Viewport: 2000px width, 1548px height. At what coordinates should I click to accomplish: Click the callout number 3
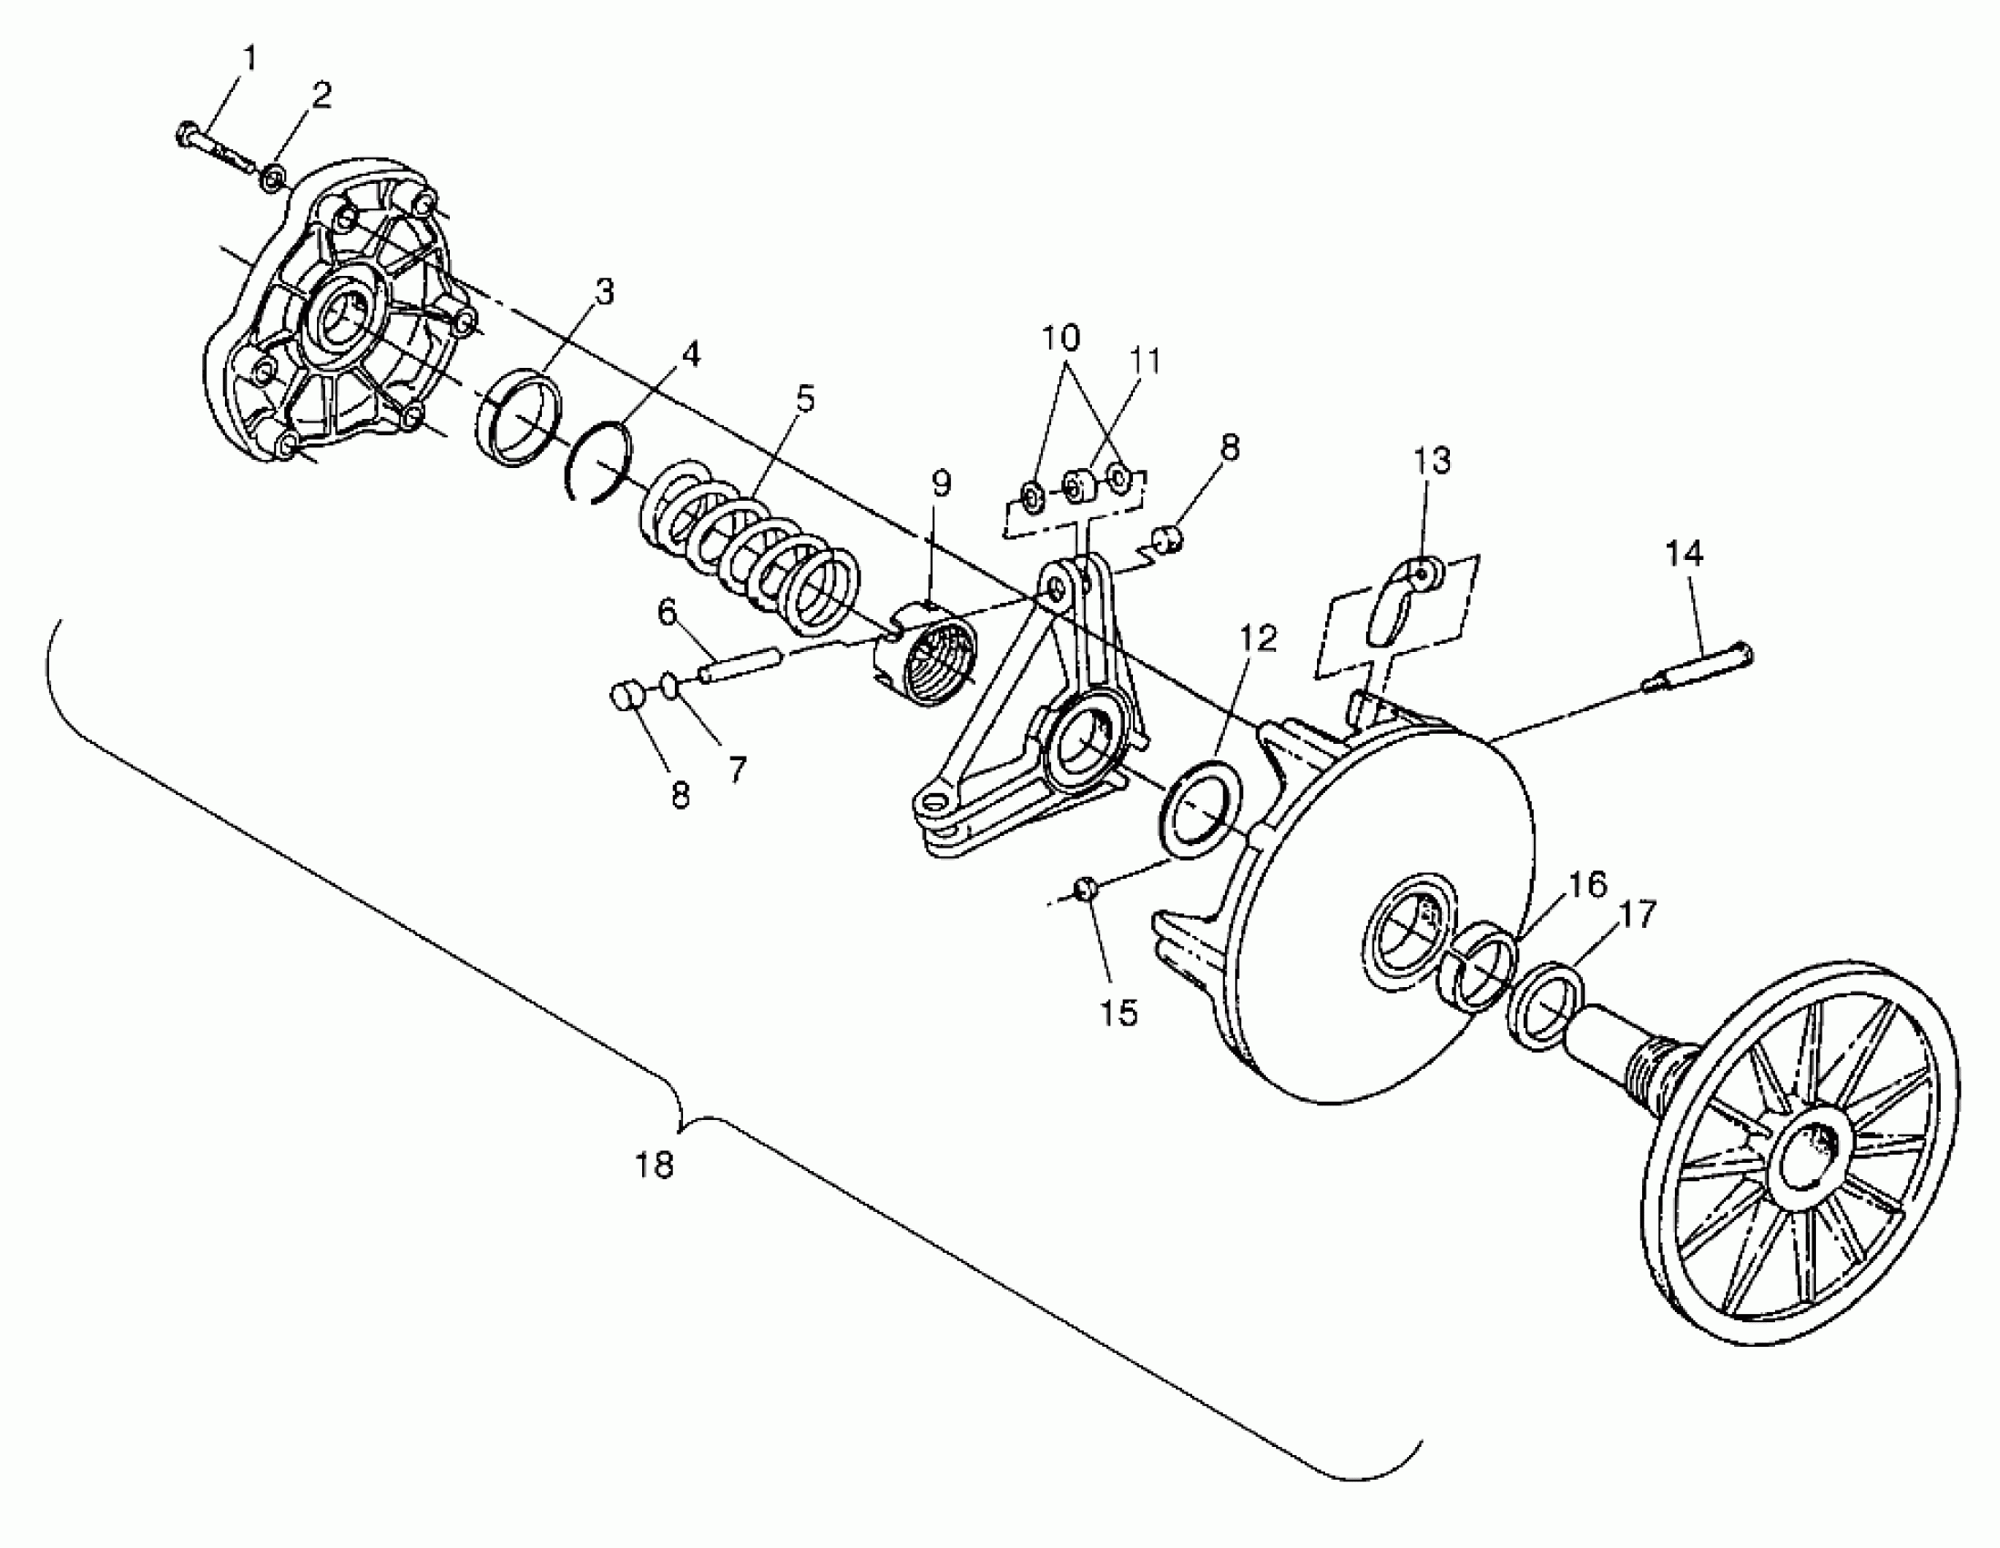tap(604, 292)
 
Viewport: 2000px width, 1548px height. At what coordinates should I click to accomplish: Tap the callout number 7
tap(738, 769)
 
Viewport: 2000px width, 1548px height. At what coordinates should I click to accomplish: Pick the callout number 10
tap(1060, 338)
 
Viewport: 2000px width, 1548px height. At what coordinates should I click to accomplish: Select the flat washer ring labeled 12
tap(1200, 811)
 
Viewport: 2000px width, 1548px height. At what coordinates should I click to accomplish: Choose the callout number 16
tap(1587, 884)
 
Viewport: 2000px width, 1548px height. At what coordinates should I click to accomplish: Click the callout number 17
tap(1638, 914)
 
